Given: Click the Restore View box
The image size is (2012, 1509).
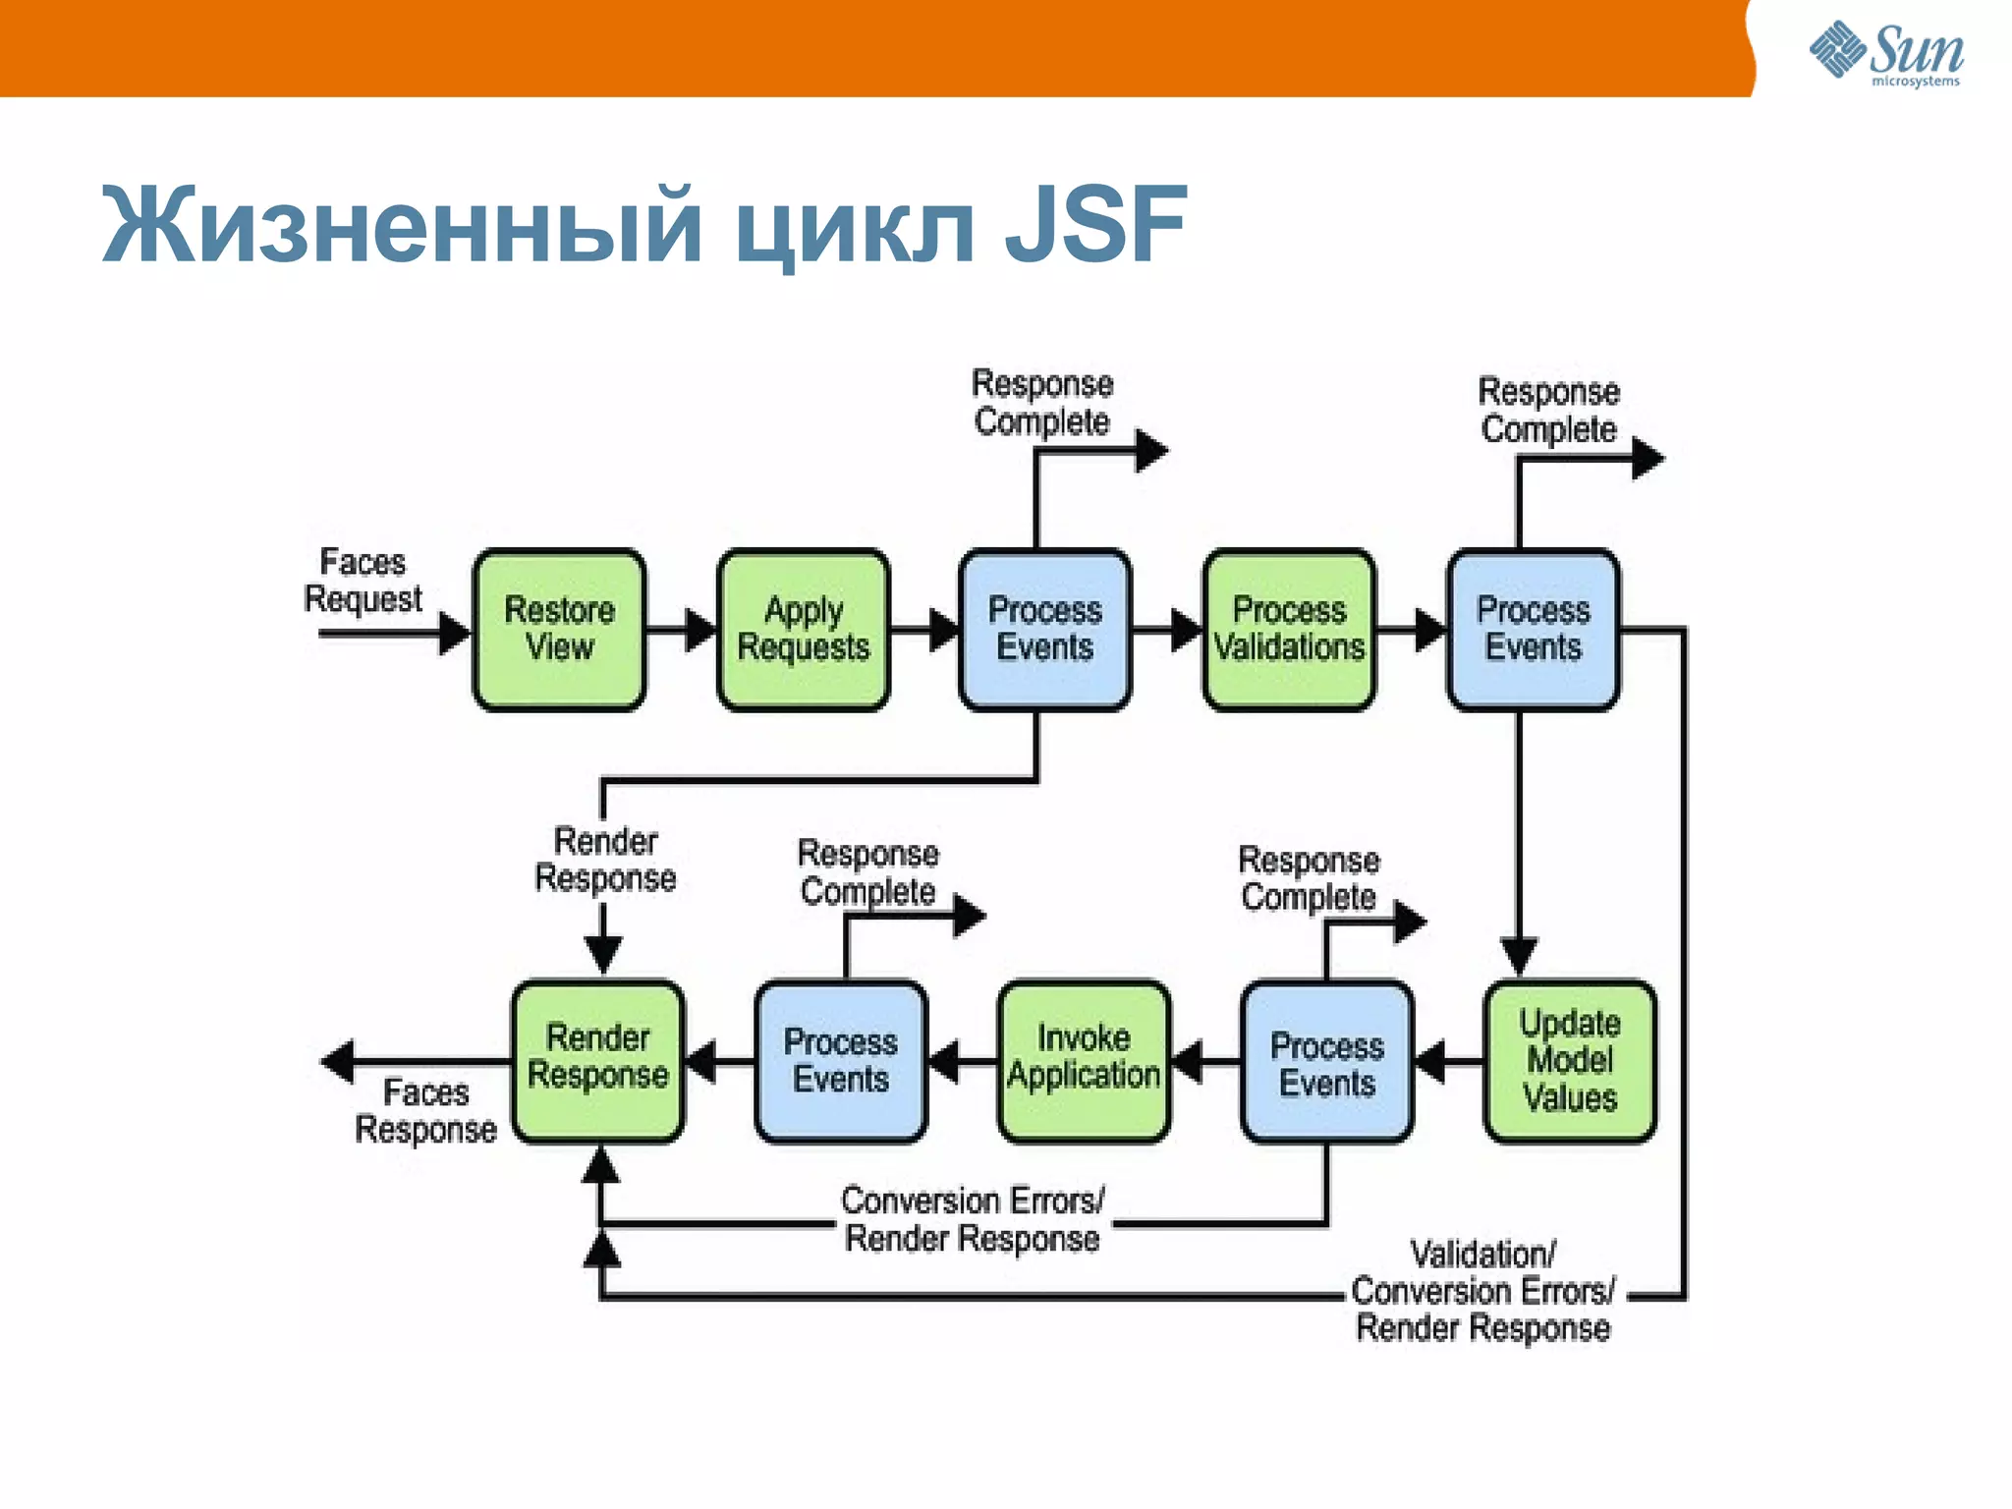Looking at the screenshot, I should tap(559, 629).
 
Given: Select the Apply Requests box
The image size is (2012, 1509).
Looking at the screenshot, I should tap(803, 629).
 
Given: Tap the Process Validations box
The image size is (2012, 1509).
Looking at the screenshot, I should tap(1289, 629).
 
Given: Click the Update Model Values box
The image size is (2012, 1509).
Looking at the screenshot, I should tap(1569, 1061).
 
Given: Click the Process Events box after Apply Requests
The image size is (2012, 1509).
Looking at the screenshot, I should tap(1044, 629).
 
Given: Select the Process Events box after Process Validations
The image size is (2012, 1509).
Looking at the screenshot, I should tap(1533, 629).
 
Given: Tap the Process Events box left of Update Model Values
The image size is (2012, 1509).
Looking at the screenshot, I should tap(1326, 1063).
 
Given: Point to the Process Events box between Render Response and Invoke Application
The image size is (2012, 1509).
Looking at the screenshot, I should tap(840, 1061).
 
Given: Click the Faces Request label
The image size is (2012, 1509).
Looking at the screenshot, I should tap(363, 581).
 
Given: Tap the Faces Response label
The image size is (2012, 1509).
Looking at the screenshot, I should tap(425, 1111).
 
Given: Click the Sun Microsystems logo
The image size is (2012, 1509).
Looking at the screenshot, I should tap(1886, 54).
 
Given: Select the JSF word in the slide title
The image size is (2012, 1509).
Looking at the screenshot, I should tap(1095, 226).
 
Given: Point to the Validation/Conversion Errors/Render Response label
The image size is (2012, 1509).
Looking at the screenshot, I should tap(1482, 1291).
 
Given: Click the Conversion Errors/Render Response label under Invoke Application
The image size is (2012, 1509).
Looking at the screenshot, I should tap(973, 1219).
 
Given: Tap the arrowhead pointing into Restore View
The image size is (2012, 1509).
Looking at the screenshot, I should tap(454, 633).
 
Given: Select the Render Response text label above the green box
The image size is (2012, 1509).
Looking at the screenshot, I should tap(605, 860).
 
